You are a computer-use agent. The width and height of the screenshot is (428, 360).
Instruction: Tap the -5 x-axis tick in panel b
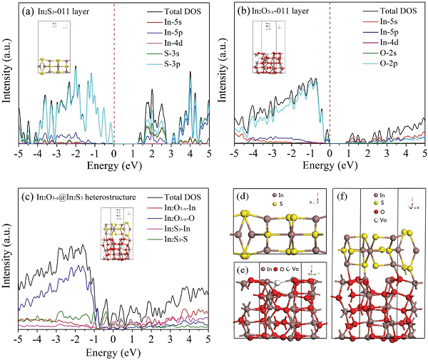(x=234, y=153)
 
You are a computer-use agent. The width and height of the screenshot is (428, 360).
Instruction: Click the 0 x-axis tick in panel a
(x=114, y=153)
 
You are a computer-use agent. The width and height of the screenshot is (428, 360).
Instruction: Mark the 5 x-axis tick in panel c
(x=208, y=340)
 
